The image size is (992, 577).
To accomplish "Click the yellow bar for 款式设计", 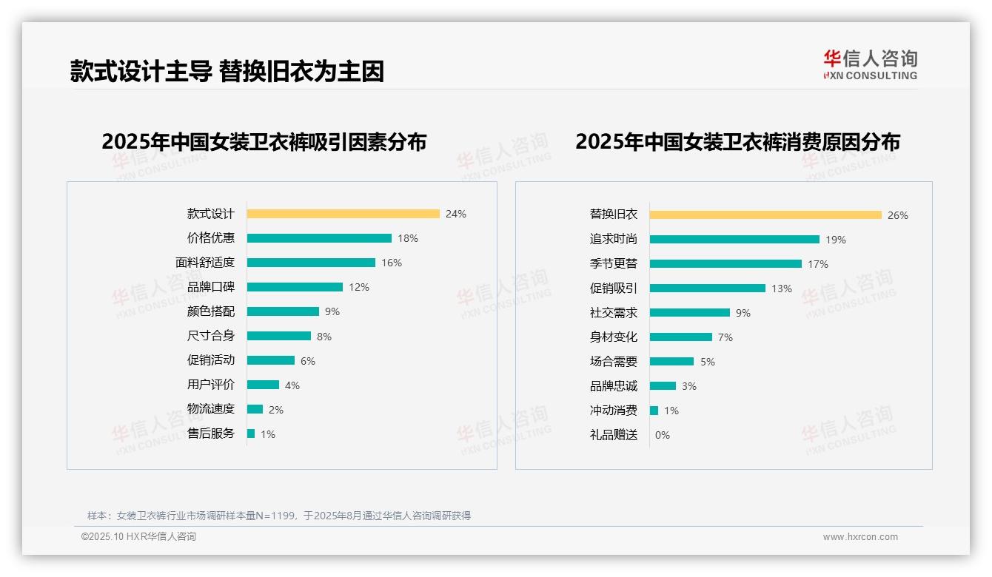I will pyautogui.click(x=343, y=214).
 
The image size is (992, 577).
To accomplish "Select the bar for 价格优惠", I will pyautogui.click(x=319, y=238).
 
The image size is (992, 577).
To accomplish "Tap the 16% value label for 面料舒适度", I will pyautogui.click(x=392, y=263).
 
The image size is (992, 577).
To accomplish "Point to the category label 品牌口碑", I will pyautogui.click(x=211, y=287).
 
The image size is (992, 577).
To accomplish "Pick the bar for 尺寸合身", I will pyautogui.click(x=279, y=336).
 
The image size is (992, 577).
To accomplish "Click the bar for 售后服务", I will pyautogui.click(x=251, y=433).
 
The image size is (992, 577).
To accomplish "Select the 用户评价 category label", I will pyautogui.click(x=211, y=385).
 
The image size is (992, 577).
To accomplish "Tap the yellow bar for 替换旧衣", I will pyautogui.click(x=765, y=215).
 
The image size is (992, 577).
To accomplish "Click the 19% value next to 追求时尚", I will pyautogui.click(x=836, y=240).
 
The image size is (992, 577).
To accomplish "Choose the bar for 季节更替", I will pyautogui.click(x=725, y=264).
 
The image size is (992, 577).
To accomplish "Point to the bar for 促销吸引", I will pyautogui.click(x=708, y=288).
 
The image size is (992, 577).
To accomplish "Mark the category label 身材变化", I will pyautogui.click(x=614, y=337).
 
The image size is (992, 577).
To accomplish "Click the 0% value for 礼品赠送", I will pyautogui.click(x=663, y=435).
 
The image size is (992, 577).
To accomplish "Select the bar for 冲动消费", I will pyautogui.click(x=654, y=411).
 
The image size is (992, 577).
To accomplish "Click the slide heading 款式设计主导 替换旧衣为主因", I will pyautogui.click(x=227, y=72).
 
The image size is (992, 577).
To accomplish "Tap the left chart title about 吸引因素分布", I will pyautogui.click(x=264, y=141).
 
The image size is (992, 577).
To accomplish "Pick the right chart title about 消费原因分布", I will pyautogui.click(x=737, y=141).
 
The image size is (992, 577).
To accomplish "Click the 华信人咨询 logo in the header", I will pyautogui.click(x=870, y=65).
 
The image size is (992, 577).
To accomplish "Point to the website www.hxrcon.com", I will pyautogui.click(x=860, y=537).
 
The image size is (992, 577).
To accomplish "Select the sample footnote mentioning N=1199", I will pyautogui.click(x=279, y=516).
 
